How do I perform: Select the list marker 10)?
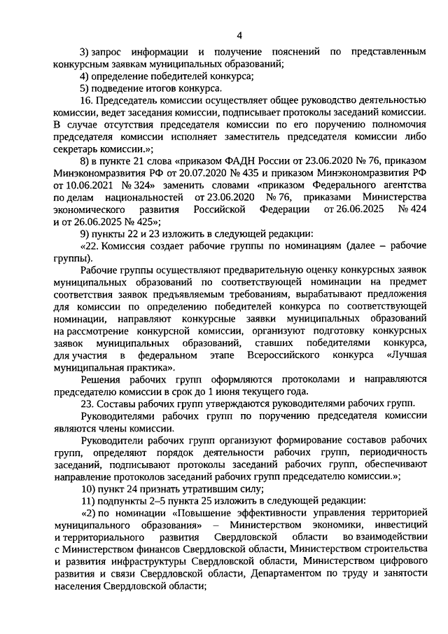click(x=88, y=489)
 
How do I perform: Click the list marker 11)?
click(x=88, y=502)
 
